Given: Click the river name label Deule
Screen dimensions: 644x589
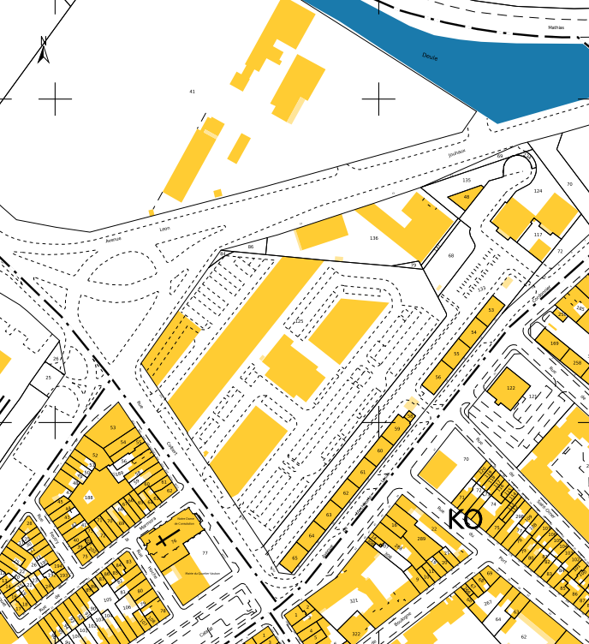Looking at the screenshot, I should [x=430, y=57].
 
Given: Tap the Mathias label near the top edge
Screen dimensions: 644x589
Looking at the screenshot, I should [x=556, y=27].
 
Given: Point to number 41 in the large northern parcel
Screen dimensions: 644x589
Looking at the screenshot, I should [x=193, y=92].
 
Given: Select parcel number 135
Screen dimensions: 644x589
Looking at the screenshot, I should [x=467, y=181].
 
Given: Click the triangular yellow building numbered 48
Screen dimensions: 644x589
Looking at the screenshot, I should [x=467, y=197].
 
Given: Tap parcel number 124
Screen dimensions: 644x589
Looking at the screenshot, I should [x=538, y=191].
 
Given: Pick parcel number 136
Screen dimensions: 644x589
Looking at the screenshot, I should [x=373, y=238].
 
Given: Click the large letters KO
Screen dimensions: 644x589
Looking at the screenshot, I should [x=465, y=519].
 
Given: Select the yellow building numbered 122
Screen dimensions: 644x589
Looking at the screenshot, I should [x=511, y=388].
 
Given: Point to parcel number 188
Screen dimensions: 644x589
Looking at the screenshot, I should [x=88, y=498].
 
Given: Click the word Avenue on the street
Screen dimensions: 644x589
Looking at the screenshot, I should [x=114, y=240].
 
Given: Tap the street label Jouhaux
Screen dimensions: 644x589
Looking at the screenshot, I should [x=456, y=152].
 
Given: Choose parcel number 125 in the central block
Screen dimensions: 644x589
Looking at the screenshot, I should [x=299, y=321].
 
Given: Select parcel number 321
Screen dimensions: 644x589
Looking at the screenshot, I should [x=354, y=601].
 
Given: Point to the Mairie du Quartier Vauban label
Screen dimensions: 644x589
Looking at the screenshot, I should [x=203, y=573].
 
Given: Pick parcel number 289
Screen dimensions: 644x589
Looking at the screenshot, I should [x=421, y=539].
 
